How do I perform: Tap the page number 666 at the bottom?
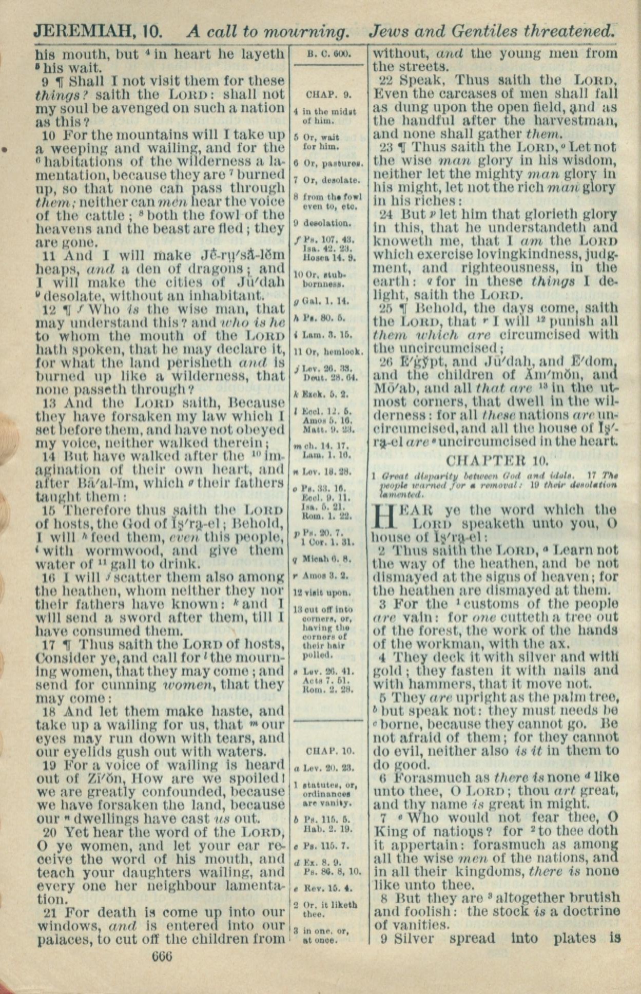(162, 957)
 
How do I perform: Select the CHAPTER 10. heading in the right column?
(497, 460)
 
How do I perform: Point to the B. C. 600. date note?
(328, 54)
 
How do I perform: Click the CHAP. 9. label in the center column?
(328, 94)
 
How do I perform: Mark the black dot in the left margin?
(4, 149)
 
